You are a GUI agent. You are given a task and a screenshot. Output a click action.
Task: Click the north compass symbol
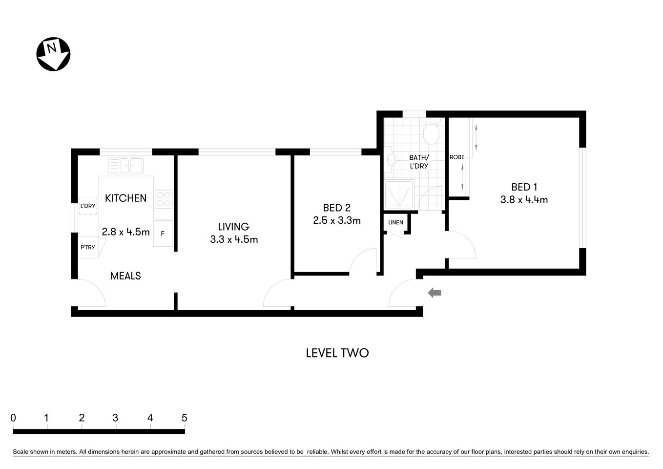pyautogui.click(x=53, y=54)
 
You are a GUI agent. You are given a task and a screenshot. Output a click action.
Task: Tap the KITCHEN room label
pyautogui.click(x=125, y=198)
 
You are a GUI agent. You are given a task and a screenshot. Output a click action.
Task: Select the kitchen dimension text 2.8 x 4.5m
pyautogui.click(x=125, y=232)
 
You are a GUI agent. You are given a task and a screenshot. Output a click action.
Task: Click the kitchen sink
pyautogui.click(x=126, y=165)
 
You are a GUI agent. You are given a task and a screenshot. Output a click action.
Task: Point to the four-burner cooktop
pyautogui.click(x=163, y=199)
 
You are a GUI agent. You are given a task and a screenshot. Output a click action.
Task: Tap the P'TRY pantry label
pyautogui.click(x=88, y=247)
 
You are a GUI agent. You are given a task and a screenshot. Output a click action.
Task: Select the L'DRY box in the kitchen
pyautogui.click(x=88, y=206)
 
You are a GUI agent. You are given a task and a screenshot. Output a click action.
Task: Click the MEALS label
pyautogui.click(x=125, y=276)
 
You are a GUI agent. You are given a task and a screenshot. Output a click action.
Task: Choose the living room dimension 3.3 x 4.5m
pyautogui.click(x=234, y=239)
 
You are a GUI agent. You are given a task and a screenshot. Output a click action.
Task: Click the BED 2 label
pyautogui.click(x=336, y=208)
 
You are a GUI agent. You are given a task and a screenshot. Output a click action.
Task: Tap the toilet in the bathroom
pyautogui.click(x=431, y=133)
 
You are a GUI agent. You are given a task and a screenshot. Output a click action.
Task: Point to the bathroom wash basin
pyautogui.click(x=390, y=159)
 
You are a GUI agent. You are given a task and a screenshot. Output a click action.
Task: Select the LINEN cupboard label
pyautogui.click(x=395, y=222)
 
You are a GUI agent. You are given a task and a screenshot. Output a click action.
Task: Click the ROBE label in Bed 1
pyautogui.click(x=457, y=157)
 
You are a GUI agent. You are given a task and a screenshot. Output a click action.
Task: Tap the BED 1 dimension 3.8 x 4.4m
pyautogui.click(x=524, y=199)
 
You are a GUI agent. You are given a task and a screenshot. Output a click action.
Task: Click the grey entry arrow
pyautogui.click(x=435, y=293)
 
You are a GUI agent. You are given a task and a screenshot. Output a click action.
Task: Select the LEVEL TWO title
pyautogui.click(x=337, y=353)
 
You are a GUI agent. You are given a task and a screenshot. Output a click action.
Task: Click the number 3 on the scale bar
pyautogui.click(x=115, y=418)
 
